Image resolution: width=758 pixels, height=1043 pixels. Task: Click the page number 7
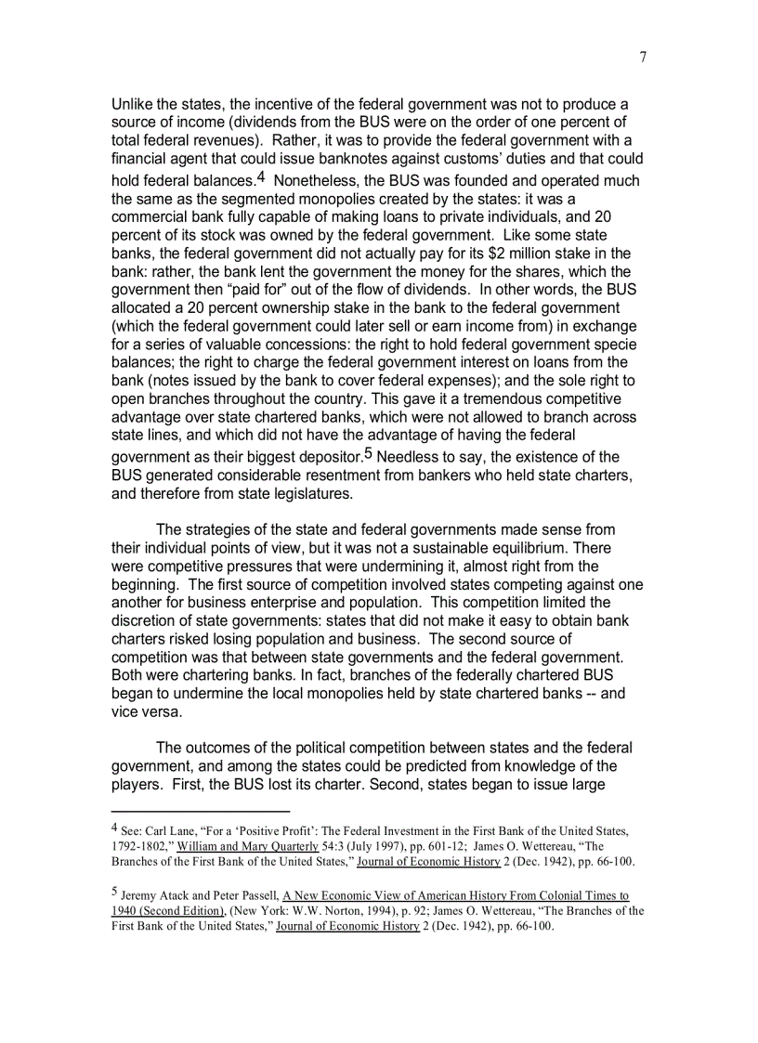(x=642, y=58)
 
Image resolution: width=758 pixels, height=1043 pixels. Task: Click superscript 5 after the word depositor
(x=368, y=453)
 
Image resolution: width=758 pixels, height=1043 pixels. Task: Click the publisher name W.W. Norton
(x=312, y=912)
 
